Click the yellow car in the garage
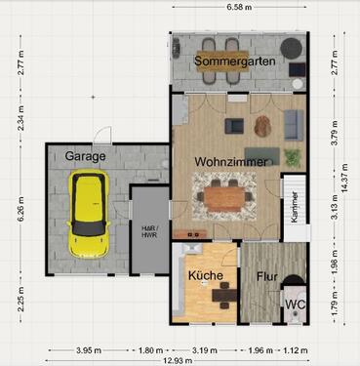point(89,214)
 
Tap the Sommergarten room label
point(235,61)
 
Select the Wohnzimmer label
point(231,162)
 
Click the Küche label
point(206,275)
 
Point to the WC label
point(296,305)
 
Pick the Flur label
point(267,276)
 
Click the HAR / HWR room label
point(149,231)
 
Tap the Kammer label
point(295,207)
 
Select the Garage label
point(85,156)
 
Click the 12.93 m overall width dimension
point(178,360)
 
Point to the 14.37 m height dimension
point(344,178)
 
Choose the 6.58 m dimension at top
point(239,7)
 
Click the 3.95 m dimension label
point(89,350)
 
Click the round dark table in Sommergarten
point(292,48)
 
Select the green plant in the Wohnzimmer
point(293,157)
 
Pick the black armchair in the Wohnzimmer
point(234,126)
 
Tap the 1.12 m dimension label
point(295,350)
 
